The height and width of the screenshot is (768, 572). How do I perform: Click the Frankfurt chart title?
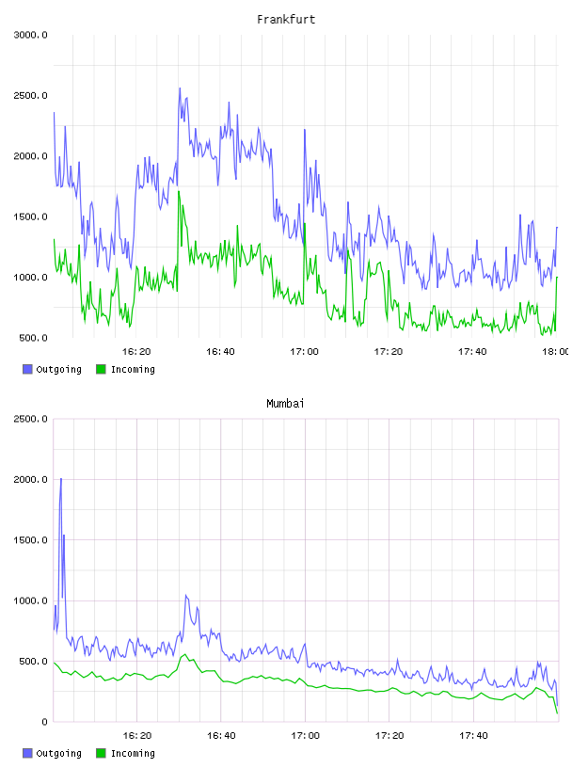(x=286, y=20)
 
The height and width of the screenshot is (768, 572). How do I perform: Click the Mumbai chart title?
(x=285, y=404)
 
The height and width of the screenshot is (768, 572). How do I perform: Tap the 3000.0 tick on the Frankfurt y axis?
(x=30, y=35)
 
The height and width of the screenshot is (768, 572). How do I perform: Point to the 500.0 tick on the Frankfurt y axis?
(x=33, y=338)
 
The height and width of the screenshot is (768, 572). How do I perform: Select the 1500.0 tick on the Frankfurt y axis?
(x=30, y=217)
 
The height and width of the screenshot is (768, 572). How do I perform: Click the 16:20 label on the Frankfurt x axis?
(x=136, y=352)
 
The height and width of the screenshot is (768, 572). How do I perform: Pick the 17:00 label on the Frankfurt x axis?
(x=304, y=352)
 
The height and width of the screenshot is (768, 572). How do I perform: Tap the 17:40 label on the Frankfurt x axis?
(x=472, y=352)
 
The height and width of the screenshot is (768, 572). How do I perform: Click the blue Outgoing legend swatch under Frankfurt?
(x=27, y=369)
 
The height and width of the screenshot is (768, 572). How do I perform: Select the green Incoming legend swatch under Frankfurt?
(x=101, y=369)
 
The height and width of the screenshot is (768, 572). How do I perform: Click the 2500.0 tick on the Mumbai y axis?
(x=30, y=419)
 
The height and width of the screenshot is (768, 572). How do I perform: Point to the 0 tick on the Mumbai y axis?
(x=44, y=722)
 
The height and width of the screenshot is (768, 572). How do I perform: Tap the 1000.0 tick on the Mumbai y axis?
(x=30, y=601)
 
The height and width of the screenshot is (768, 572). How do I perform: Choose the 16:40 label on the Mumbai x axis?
(x=221, y=736)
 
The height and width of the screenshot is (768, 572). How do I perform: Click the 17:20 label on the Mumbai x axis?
(x=389, y=736)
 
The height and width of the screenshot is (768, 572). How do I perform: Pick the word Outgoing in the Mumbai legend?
(x=58, y=753)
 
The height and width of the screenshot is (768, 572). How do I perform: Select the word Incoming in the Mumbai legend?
(x=133, y=753)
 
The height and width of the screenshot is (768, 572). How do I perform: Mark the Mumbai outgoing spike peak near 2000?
(x=61, y=478)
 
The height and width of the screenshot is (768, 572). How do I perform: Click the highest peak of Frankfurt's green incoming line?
(x=179, y=191)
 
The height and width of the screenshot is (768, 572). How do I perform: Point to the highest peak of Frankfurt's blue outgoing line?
(x=180, y=88)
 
